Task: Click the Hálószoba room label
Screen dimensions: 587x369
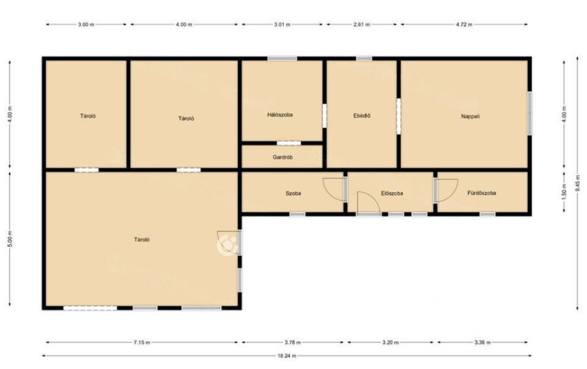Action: click(x=280, y=115)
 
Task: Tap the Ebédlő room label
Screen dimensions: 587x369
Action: click(x=362, y=116)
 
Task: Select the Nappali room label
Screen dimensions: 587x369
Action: click(x=470, y=116)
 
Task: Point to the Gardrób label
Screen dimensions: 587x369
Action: click(x=283, y=158)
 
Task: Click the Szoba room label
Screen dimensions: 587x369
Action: click(x=293, y=194)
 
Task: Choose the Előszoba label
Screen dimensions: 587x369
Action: click(x=392, y=194)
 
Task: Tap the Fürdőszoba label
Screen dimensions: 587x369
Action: click(x=482, y=193)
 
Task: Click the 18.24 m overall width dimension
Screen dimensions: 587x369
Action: click(x=286, y=356)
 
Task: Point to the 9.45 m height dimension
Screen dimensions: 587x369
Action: click(x=578, y=184)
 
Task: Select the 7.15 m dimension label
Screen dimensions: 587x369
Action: click(x=142, y=342)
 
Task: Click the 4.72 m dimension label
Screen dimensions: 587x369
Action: click(x=464, y=25)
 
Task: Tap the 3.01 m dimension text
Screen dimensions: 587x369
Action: click(x=282, y=25)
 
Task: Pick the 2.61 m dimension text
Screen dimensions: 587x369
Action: click(x=362, y=25)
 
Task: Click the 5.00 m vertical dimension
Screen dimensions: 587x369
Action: click(x=10, y=239)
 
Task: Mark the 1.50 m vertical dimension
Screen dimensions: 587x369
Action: click(x=564, y=191)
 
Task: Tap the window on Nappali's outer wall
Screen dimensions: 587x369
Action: click(x=530, y=113)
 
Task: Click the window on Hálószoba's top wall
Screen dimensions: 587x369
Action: click(x=282, y=59)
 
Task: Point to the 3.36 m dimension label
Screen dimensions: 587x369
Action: click(x=482, y=342)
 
